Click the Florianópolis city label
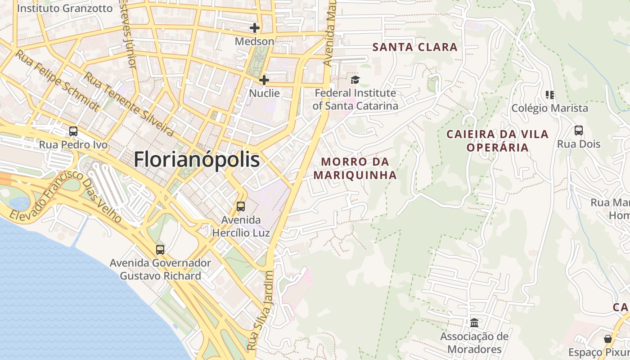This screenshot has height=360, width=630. [197, 160]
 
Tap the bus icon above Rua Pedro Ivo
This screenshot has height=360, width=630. [73, 131]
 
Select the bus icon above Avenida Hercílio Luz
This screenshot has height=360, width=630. [241, 207]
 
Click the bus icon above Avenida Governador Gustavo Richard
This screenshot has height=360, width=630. [160, 249]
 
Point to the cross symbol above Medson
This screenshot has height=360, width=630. [255, 28]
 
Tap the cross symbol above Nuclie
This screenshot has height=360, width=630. [264, 80]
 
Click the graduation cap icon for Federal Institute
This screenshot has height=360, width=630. [355, 80]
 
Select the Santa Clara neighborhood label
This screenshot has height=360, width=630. [415, 47]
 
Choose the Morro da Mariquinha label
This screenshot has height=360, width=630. [355, 168]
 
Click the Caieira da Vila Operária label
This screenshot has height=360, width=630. [497, 140]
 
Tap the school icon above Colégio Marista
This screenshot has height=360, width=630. [549, 94]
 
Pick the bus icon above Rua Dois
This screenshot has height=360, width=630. [579, 130]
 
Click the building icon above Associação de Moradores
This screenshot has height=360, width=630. [474, 323]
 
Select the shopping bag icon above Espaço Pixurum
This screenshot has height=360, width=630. [608, 338]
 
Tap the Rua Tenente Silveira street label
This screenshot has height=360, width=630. [129, 104]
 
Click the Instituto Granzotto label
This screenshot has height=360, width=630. [64, 9]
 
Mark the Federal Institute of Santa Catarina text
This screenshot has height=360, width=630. [355, 99]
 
